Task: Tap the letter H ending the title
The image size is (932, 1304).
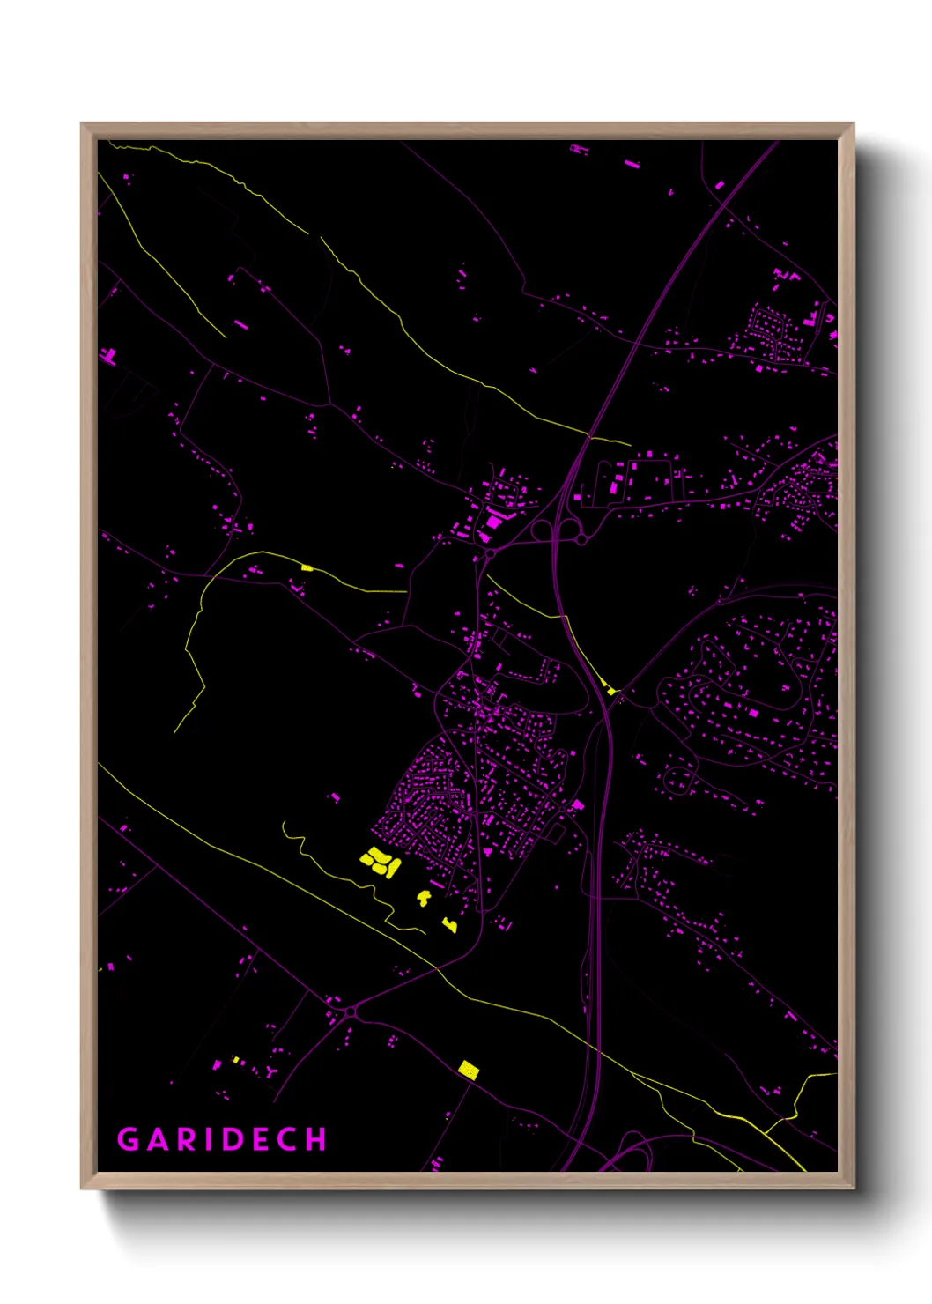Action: tap(316, 1139)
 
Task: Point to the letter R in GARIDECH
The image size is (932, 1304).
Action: tap(186, 1139)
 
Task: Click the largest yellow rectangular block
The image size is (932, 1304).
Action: tap(469, 1071)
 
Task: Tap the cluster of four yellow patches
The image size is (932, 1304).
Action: tap(380, 861)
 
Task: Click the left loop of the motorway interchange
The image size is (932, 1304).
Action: tap(542, 530)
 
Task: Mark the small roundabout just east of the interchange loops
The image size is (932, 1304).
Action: tap(582, 539)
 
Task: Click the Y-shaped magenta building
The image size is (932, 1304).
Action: tap(270, 1072)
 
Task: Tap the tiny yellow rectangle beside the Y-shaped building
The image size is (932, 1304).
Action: tap(236, 1060)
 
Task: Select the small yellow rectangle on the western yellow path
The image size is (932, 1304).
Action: tap(307, 567)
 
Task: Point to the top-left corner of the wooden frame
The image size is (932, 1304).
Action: tap(82, 124)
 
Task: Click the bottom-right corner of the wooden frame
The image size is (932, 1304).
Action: tap(853, 1188)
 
